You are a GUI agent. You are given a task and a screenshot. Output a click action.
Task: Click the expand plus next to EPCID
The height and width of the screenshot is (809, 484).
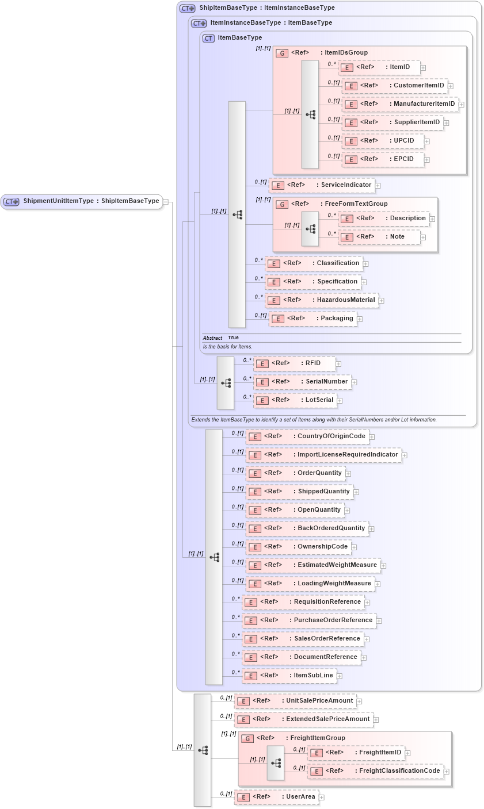426,160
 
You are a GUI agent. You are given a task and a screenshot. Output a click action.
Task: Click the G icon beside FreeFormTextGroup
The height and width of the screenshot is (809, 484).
281,204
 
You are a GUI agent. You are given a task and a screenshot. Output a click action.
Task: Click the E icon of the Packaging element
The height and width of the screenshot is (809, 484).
278,319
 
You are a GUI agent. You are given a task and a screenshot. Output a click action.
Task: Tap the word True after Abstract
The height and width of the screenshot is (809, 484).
233,338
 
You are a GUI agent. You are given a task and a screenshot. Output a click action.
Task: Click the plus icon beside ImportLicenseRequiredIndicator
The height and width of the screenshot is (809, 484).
405,455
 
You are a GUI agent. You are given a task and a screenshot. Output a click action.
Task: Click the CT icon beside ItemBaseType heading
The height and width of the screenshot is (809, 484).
208,39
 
